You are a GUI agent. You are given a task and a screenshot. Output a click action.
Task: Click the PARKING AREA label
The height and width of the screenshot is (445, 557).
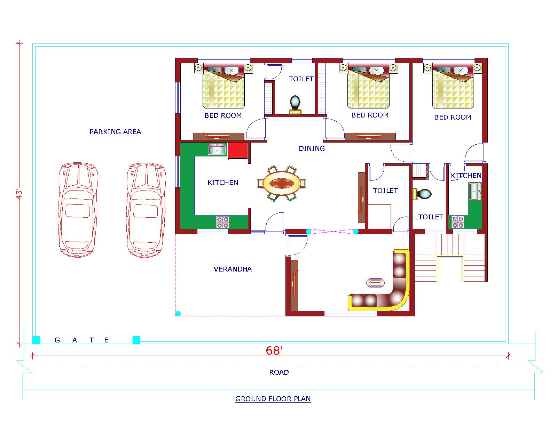click(x=115, y=132)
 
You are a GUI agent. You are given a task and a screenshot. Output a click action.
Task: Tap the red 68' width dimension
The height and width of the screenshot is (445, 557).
click(x=273, y=351)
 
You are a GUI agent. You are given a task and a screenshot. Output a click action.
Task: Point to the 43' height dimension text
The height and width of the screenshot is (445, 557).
click(x=20, y=194)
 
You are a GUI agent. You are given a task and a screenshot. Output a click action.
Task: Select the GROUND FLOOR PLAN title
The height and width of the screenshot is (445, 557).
click(x=273, y=399)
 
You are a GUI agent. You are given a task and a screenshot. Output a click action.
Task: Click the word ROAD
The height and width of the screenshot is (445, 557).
click(x=279, y=372)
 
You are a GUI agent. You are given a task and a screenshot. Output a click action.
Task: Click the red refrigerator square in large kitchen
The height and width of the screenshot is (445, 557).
click(x=237, y=151)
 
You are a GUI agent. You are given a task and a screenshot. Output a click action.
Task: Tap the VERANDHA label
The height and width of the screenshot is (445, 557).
click(x=233, y=269)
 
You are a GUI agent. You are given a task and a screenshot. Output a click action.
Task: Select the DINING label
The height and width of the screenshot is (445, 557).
click(x=312, y=148)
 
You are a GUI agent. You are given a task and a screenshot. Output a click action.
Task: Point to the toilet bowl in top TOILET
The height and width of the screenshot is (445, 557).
click(x=295, y=102)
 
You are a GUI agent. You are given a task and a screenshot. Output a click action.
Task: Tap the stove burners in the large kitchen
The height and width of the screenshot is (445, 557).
click(x=222, y=222)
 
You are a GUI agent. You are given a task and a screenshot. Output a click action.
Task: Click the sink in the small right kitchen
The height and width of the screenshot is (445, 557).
click(x=475, y=192)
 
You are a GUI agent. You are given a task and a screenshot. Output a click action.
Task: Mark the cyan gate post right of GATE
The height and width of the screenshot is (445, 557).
click(x=136, y=340)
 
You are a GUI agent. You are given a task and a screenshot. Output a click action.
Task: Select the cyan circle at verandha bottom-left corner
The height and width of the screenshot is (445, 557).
click(x=178, y=314)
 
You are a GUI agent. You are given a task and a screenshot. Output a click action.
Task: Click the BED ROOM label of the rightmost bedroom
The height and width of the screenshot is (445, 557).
click(x=452, y=118)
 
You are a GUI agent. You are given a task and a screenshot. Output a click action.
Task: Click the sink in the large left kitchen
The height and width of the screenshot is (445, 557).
click(x=217, y=150)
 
